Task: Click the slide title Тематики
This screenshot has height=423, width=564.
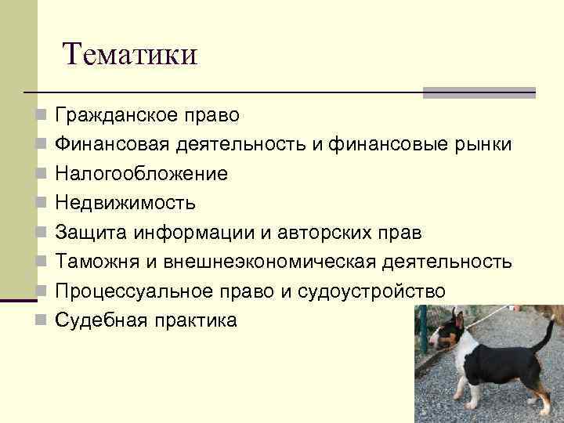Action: click(x=131, y=54)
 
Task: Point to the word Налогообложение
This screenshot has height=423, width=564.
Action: click(x=141, y=174)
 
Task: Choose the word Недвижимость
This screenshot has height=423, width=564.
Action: click(x=125, y=203)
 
